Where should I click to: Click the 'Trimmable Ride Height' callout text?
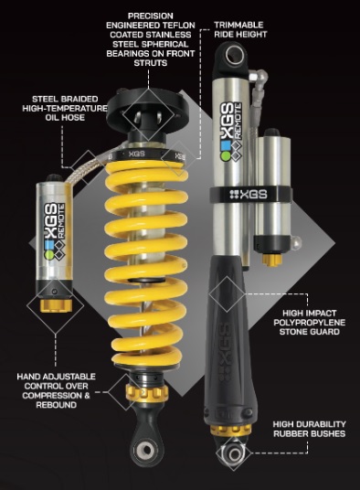[240, 29]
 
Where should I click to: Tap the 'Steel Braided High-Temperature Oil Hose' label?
[65, 108]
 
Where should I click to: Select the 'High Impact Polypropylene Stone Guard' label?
[309, 322]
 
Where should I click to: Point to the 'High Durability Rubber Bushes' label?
[309, 429]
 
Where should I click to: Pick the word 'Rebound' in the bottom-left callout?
[57, 405]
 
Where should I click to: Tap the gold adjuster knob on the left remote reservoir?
[56, 305]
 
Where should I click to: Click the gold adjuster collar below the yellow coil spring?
[147, 392]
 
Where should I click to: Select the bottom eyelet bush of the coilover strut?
[146, 450]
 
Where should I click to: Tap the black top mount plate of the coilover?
[147, 112]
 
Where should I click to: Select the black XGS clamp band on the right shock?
[251, 195]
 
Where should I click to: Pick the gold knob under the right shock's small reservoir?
[271, 260]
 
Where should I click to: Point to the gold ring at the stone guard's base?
[230, 430]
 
